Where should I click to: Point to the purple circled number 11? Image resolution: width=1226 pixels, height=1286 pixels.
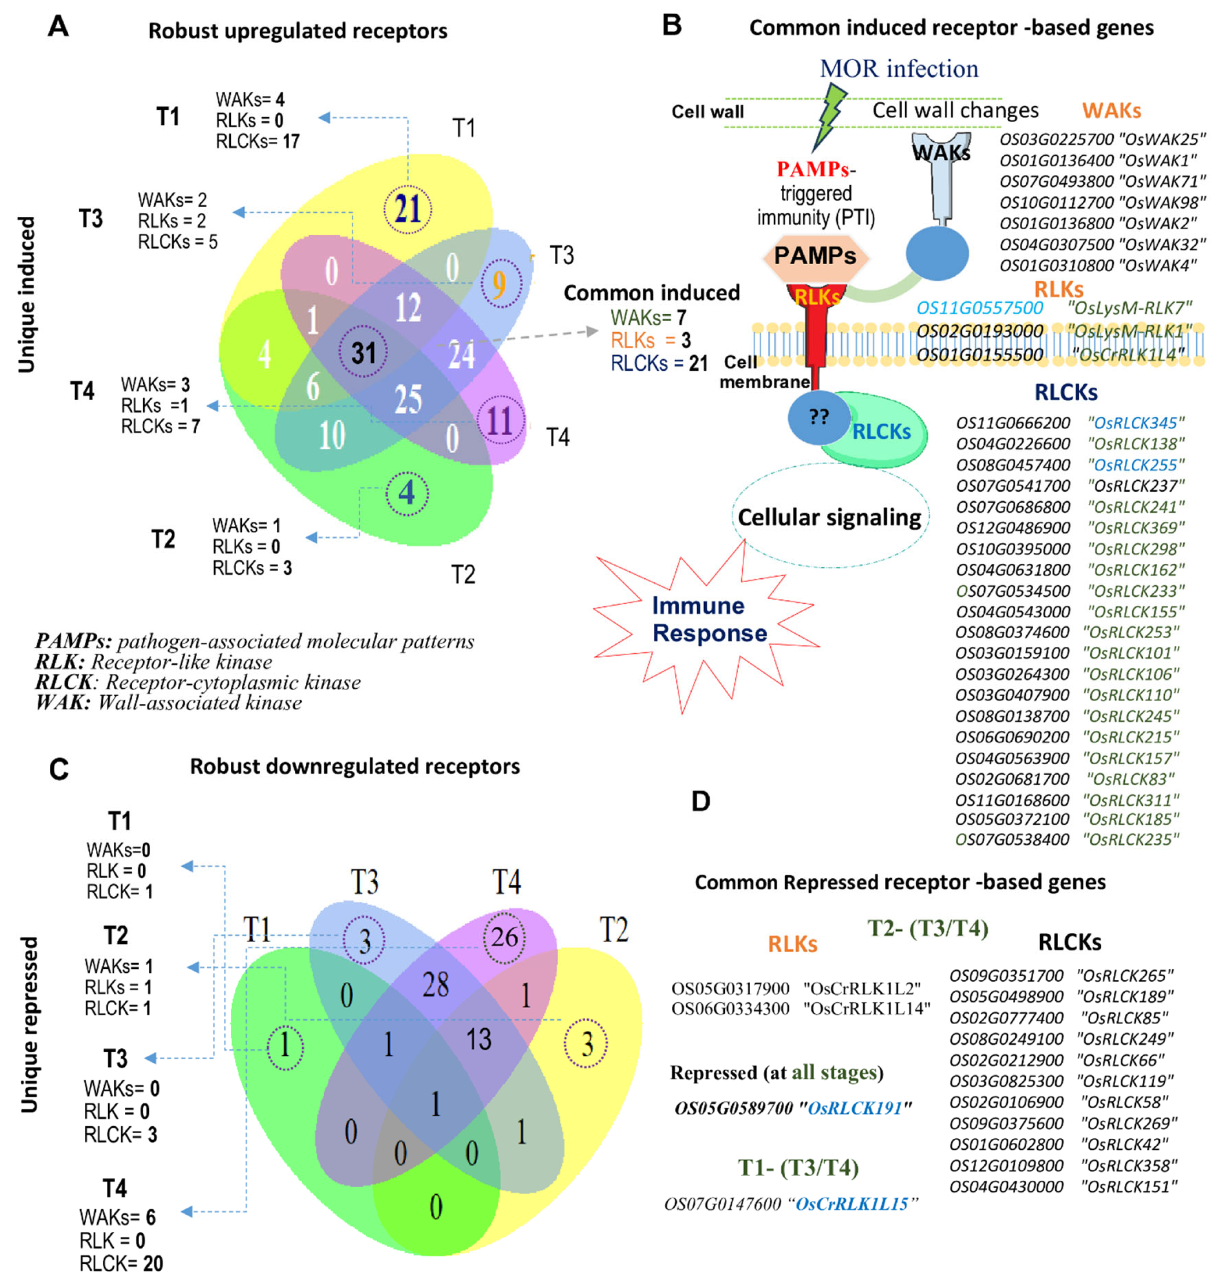tap(500, 420)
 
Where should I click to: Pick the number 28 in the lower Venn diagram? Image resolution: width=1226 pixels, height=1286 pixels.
tap(435, 985)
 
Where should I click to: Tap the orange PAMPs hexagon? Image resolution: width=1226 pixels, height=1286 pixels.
tap(815, 256)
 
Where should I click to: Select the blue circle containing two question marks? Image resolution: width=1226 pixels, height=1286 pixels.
tap(819, 417)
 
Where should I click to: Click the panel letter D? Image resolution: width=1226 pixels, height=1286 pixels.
tap(701, 801)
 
